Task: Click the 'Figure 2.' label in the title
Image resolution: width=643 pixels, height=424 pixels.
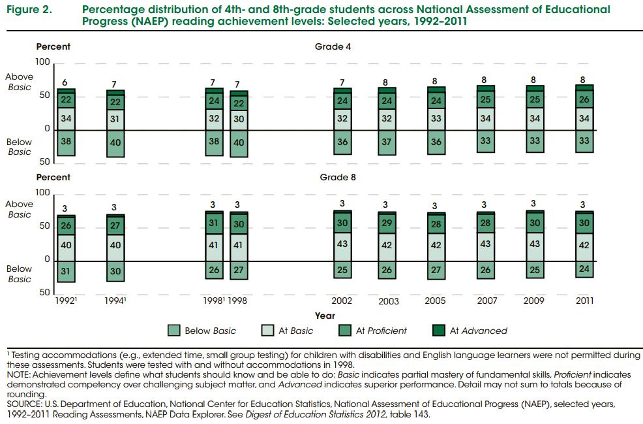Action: (27, 10)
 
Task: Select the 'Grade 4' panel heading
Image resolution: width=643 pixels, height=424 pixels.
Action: (333, 47)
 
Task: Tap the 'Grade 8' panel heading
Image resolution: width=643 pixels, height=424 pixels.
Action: (338, 178)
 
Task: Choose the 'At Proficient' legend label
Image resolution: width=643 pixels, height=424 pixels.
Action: (381, 331)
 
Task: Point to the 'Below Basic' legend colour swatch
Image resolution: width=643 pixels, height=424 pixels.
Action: (173, 331)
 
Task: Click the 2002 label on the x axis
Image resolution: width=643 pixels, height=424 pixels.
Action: (342, 301)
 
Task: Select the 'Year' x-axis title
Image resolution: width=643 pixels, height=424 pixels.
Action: (325, 316)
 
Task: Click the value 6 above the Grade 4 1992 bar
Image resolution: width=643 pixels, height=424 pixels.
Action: (65, 82)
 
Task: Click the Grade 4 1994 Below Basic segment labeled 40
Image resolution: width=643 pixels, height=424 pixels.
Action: (115, 142)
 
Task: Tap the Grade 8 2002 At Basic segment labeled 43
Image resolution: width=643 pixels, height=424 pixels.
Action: (342, 244)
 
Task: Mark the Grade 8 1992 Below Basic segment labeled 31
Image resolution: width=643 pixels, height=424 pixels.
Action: (65, 271)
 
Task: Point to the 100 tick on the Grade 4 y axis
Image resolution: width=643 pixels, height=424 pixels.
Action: (43, 62)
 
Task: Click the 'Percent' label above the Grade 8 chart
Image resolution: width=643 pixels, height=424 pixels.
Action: (53, 178)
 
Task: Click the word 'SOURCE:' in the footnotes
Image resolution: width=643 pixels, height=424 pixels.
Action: (23, 404)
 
